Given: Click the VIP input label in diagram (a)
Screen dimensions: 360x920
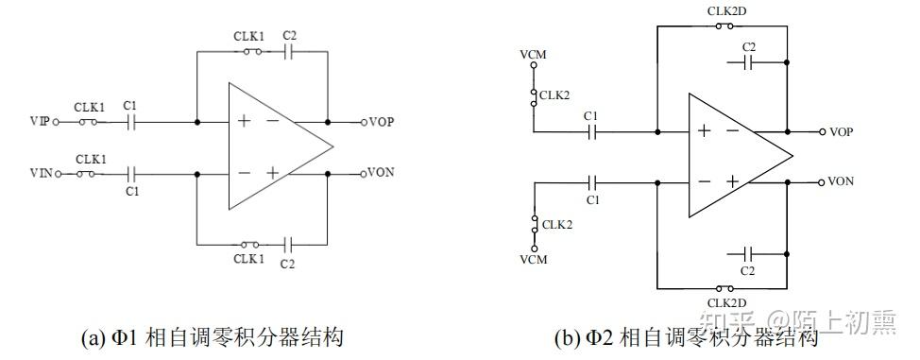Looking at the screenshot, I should click(x=40, y=122).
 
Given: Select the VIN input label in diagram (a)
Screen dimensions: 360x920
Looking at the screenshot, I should click(x=40, y=174).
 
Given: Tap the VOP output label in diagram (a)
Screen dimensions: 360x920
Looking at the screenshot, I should click(x=382, y=122).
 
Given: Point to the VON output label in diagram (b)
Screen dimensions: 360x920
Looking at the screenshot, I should click(x=841, y=180).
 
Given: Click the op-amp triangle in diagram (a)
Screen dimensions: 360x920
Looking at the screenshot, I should click(x=274, y=147).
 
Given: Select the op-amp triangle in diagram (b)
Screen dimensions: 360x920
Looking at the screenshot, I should click(x=733, y=155).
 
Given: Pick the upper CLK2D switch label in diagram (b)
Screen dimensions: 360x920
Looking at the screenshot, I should click(x=724, y=12).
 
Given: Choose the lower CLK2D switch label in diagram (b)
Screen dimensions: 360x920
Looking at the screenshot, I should click(x=724, y=301).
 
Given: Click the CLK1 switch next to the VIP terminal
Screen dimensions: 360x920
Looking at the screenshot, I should click(x=91, y=122).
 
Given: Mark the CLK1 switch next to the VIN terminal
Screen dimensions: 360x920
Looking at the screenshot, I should click(x=91, y=174).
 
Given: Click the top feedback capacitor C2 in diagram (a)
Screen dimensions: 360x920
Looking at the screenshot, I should click(x=290, y=54).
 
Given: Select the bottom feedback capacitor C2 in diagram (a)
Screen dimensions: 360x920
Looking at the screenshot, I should click(x=290, y=242).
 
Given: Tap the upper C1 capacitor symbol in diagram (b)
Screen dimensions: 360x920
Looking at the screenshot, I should click(x=591, y=131).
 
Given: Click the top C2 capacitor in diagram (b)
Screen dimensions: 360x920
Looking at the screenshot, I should click(x=749, y=62).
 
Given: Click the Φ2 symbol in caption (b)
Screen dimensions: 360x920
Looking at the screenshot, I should click(x=583, y=337).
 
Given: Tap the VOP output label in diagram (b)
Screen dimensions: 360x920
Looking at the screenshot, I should click(x=841, y=131).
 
